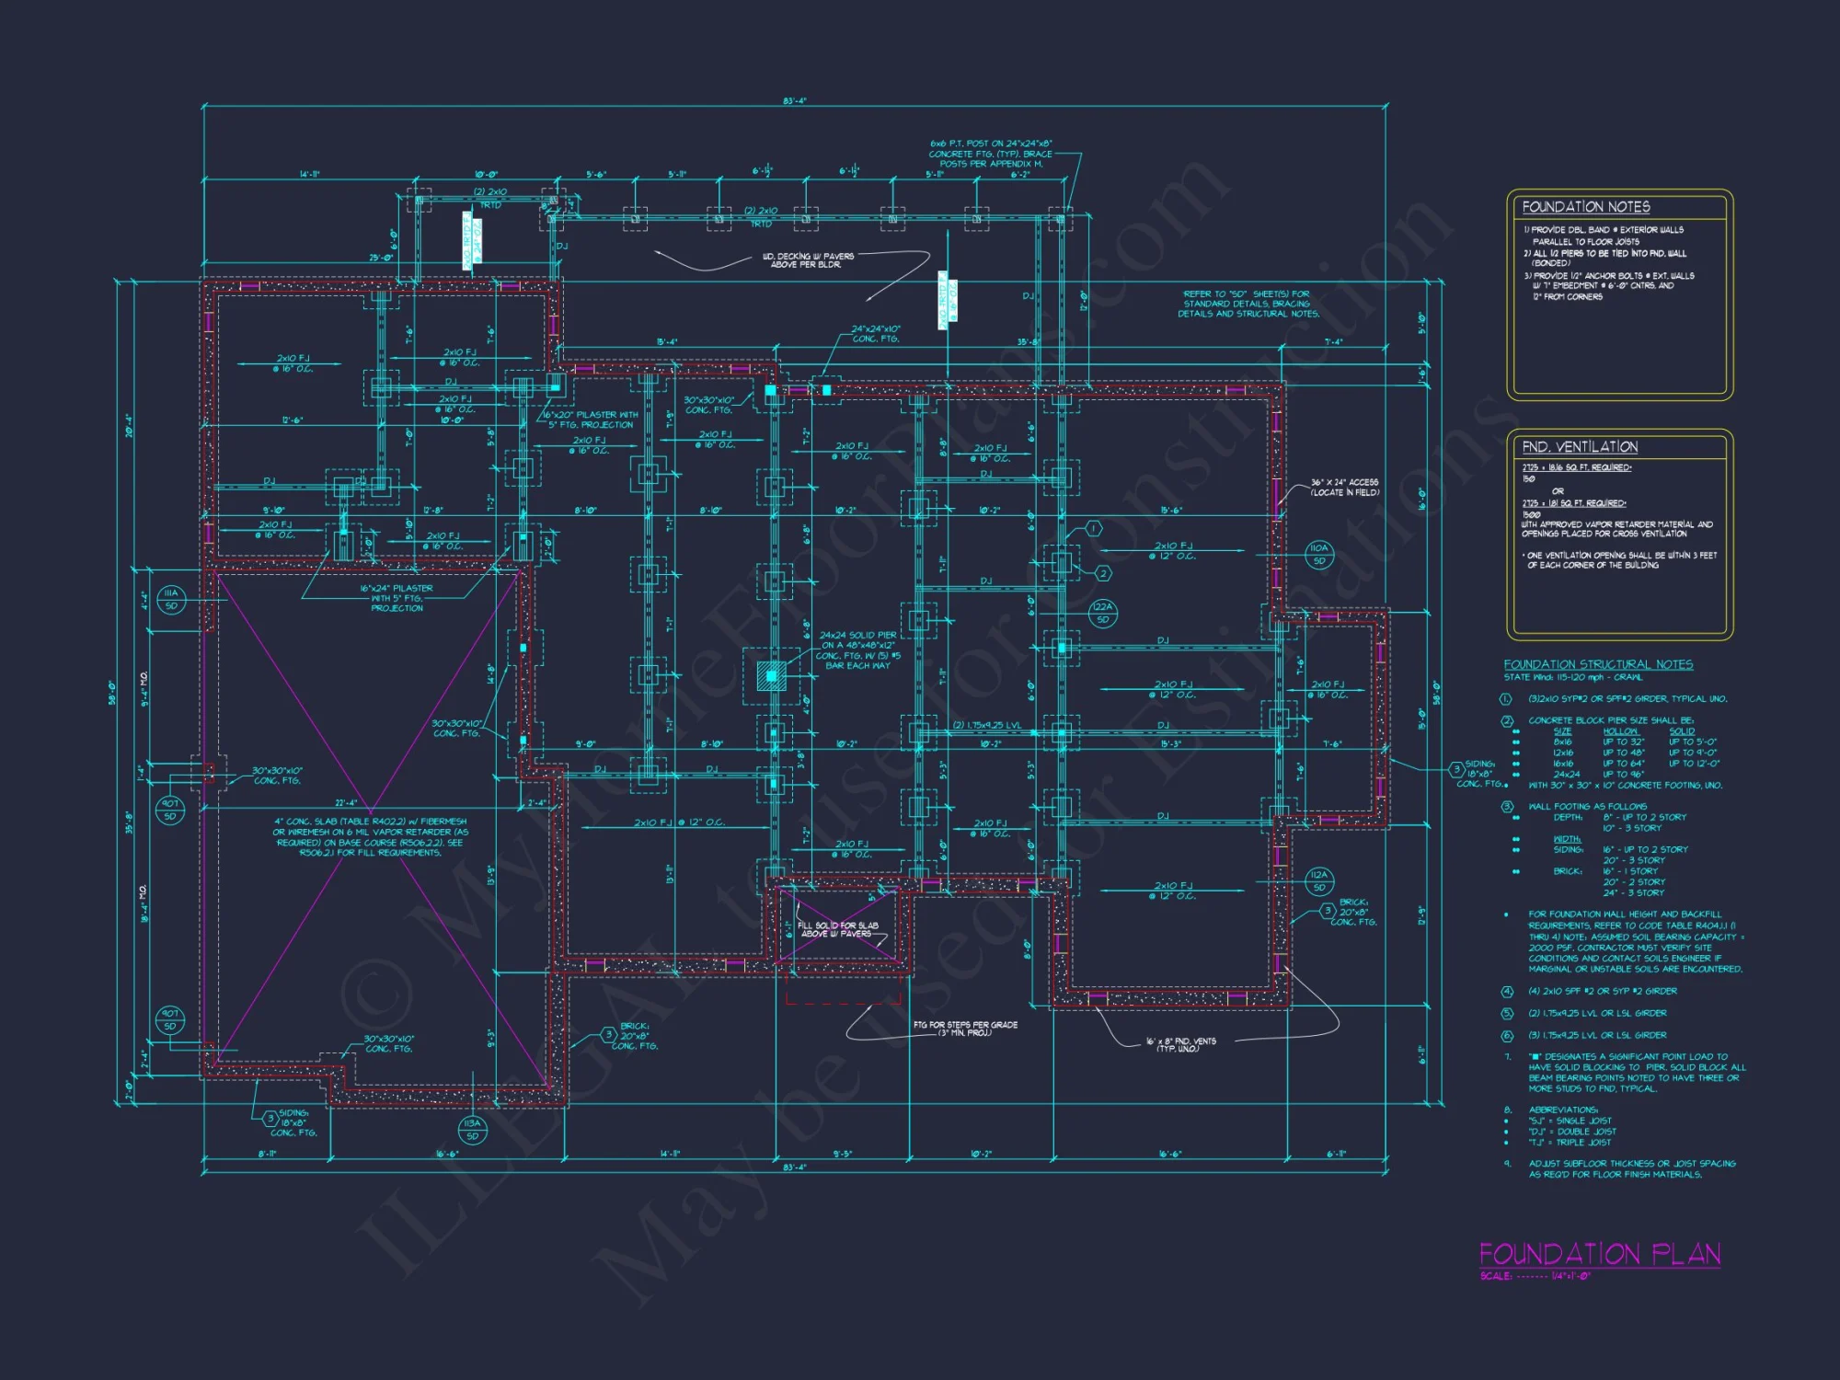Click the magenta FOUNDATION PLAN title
pos(1599,1254)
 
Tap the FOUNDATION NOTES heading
pos(1585,207)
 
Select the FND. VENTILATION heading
pos(1580,447)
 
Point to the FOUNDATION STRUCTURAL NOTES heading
pos(1598,664)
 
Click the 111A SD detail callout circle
pos(171,600)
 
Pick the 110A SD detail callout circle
pos(1319,555)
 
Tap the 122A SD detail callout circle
pos(1102,613)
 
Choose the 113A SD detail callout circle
pos(472,1129)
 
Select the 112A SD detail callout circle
pos(1319,880)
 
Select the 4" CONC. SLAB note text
pos(370,837)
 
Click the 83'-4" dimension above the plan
pos(795,101)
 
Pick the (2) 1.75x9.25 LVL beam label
pos(987,725)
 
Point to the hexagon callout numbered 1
pos(1093,529)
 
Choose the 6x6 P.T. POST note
pos(991,154)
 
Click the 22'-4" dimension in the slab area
pos(346,803)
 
